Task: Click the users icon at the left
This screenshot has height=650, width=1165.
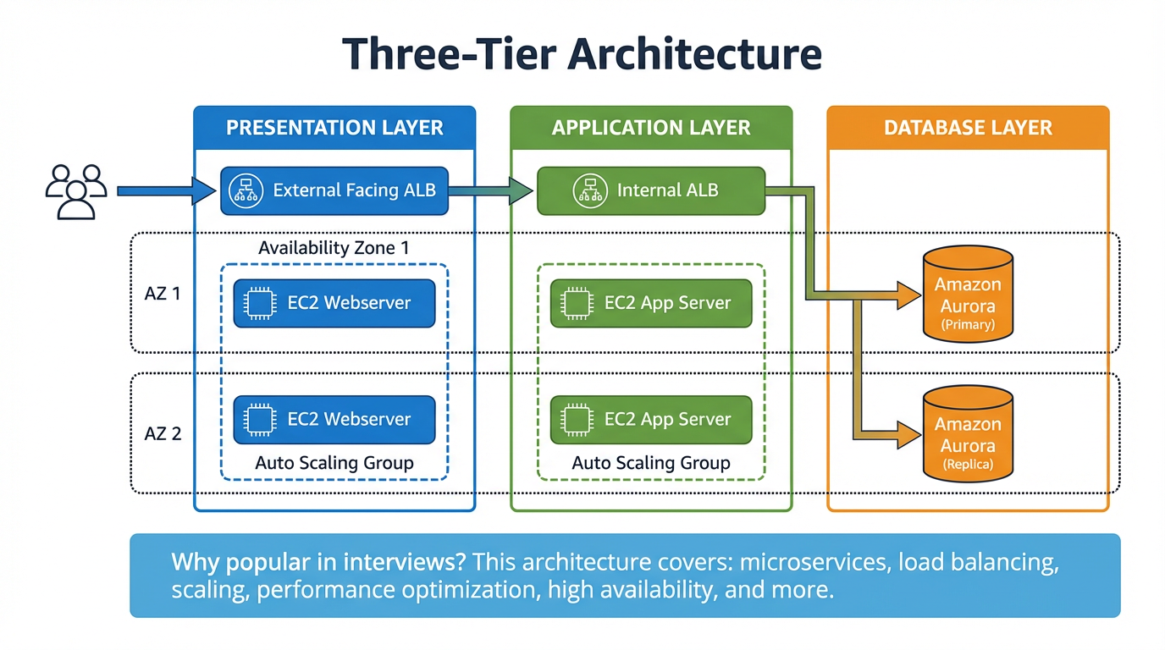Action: point(75,192)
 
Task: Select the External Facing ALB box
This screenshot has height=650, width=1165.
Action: point(334,190)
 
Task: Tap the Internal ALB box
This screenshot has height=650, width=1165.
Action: point(650,190)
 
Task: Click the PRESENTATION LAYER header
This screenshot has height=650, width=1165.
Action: point(334,128)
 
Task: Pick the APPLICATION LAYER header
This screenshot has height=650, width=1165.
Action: point(651,128)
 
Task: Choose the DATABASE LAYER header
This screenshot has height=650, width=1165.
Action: point(968,128)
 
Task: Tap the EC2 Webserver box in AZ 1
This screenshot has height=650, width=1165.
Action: point(334,303)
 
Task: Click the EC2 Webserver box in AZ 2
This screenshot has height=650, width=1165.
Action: point(334,419)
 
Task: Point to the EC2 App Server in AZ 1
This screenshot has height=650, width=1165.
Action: point(650,303)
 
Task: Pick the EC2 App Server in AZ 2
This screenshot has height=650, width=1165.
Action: point(650,419)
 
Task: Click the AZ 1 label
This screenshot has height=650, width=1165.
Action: point(163,295)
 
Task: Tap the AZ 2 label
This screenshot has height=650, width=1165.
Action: point(163,433)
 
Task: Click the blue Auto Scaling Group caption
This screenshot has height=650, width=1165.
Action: point(334,463)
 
